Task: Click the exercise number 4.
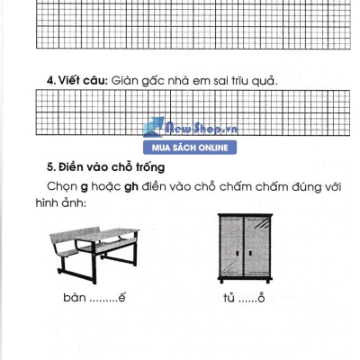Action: [x=50, y=80]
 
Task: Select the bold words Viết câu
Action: [x=82, y=80]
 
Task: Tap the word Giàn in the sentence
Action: [x=127, y=80]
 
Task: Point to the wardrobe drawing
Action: [x=246, y=246]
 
